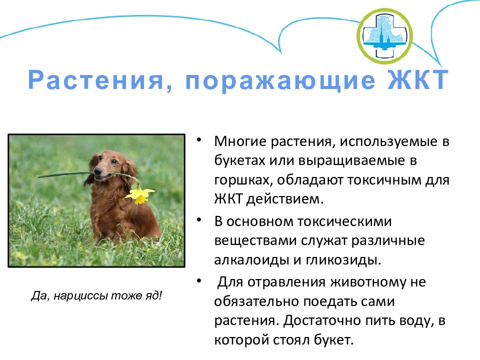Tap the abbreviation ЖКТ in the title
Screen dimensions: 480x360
(x=418, y=79)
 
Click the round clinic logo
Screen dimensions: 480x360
(x=384, y=36)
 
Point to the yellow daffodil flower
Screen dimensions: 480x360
(x=140, y=195)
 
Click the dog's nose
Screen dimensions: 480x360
(x=97, y=171)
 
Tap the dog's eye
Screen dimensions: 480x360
(x=114, y=161)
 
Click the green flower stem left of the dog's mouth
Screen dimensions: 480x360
(x=65, y=175)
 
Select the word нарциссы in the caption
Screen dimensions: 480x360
(x=81, y=295)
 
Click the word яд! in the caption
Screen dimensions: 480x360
(x=153, y=295)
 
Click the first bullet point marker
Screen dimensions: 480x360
(x=199, y=140)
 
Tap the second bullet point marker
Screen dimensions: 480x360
(x=199, y=220)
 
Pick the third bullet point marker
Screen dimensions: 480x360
(x=199, y=280)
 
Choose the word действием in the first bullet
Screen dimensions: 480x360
(x=285, y=199)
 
